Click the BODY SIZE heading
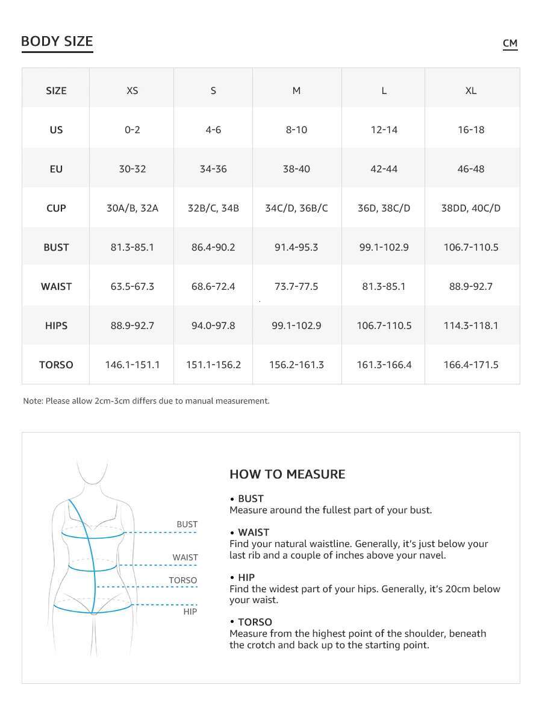(x=57, y=42)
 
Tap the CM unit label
(x=510, y=43)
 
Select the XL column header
(x=471, y=90)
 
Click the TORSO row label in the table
(x=56, y=365)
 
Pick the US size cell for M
(x=296, y=130)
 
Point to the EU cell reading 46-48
(x=471, y=169)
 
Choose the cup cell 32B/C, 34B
(x=213, y=208)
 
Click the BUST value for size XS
(x=132, y=247)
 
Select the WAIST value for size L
(x=384, y=286)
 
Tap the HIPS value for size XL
(x=471, y=325)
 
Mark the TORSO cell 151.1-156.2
(x=213, y=365)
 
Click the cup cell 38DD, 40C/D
(x=471, y=208)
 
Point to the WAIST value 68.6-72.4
(x=213, y=286)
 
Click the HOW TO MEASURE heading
(x=287, y=474)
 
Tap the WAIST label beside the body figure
(x=185, y=557)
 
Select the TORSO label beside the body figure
(x=183, y=580)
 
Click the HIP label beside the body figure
(x=190, y=612)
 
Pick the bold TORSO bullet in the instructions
(x=255, y=622)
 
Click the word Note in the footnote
(x=33, y=401)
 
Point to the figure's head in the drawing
(x=92, y=470)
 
